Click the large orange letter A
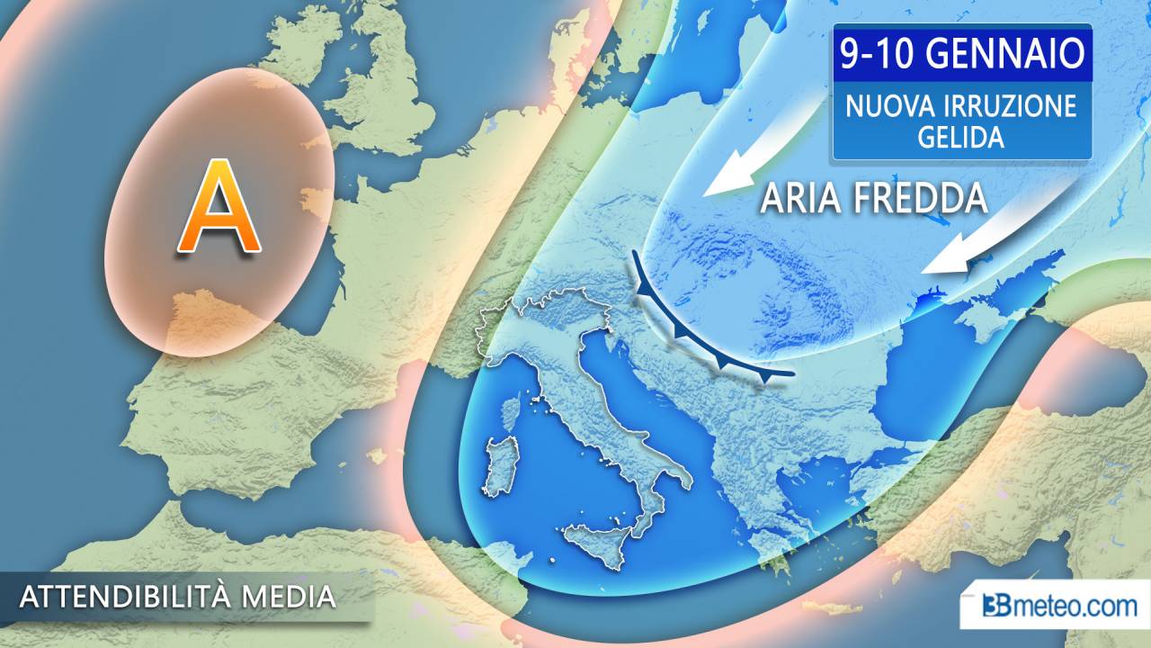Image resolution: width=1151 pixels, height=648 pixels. (219, 208)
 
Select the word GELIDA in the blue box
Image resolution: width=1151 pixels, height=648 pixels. (961, 137)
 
